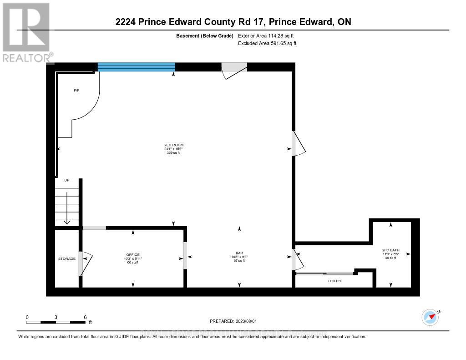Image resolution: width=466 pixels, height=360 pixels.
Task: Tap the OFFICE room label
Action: [133, 254]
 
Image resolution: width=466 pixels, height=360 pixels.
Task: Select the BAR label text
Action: [238, 253]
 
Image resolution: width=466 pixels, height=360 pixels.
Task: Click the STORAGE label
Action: [66, 259]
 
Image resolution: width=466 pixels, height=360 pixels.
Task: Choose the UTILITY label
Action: [334, 281]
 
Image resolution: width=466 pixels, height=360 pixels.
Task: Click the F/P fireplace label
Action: [76, 91]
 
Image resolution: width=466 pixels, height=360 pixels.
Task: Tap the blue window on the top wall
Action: [136, 67]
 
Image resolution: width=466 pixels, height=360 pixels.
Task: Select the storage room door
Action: [85, 264]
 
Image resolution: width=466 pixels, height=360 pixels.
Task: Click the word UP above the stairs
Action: [66, 180]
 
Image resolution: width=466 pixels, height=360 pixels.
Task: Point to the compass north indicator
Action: [430, 317]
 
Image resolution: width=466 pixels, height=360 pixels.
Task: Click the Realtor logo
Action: [26, 32]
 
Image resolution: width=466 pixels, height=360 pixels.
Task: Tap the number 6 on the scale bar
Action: [85, 317]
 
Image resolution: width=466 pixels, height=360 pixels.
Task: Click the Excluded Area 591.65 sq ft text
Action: [267, 44]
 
